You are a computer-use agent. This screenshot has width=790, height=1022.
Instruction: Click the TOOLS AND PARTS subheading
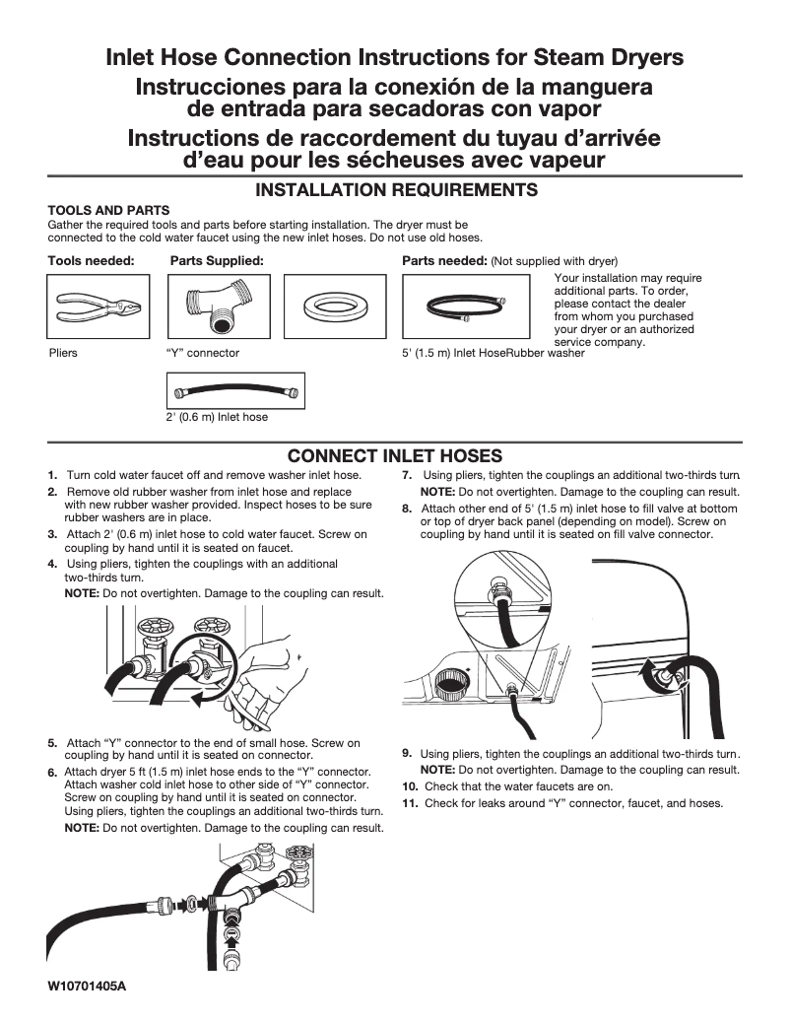(109, 210)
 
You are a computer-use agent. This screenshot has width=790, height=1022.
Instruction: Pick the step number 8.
(407, 509)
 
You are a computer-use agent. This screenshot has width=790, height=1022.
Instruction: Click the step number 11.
(411, 803)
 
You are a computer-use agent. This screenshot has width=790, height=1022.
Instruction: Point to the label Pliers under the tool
(63, 352)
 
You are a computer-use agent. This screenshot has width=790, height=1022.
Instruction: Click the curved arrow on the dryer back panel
(647, 680)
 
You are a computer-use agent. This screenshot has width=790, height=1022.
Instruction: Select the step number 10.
(411, 786)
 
